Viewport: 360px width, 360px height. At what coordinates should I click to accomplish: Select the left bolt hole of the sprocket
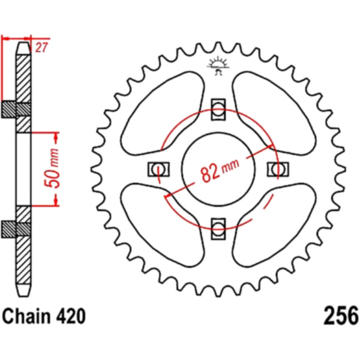[159, 169]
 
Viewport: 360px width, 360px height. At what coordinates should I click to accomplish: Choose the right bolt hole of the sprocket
[277, 169]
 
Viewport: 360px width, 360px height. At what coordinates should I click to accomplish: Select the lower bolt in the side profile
[17, 227]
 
